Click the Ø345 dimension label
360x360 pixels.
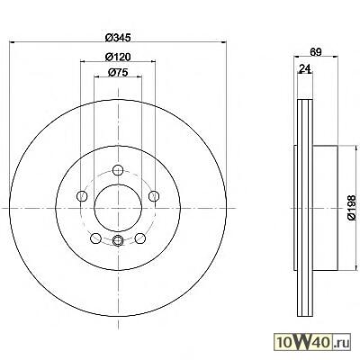coord(118,38)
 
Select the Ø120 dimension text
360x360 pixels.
coord(118,57)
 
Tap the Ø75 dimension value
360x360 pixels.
coord(118,72)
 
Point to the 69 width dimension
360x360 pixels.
coord(316,51)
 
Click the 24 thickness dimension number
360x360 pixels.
coord(304,68)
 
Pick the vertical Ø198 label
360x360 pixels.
coord(352,208)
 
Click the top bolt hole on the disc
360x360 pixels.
coord(118,170)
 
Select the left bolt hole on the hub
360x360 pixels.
coord(82,196)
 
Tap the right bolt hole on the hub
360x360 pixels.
coord(154,196)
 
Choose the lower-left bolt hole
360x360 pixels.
coord(95,238)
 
